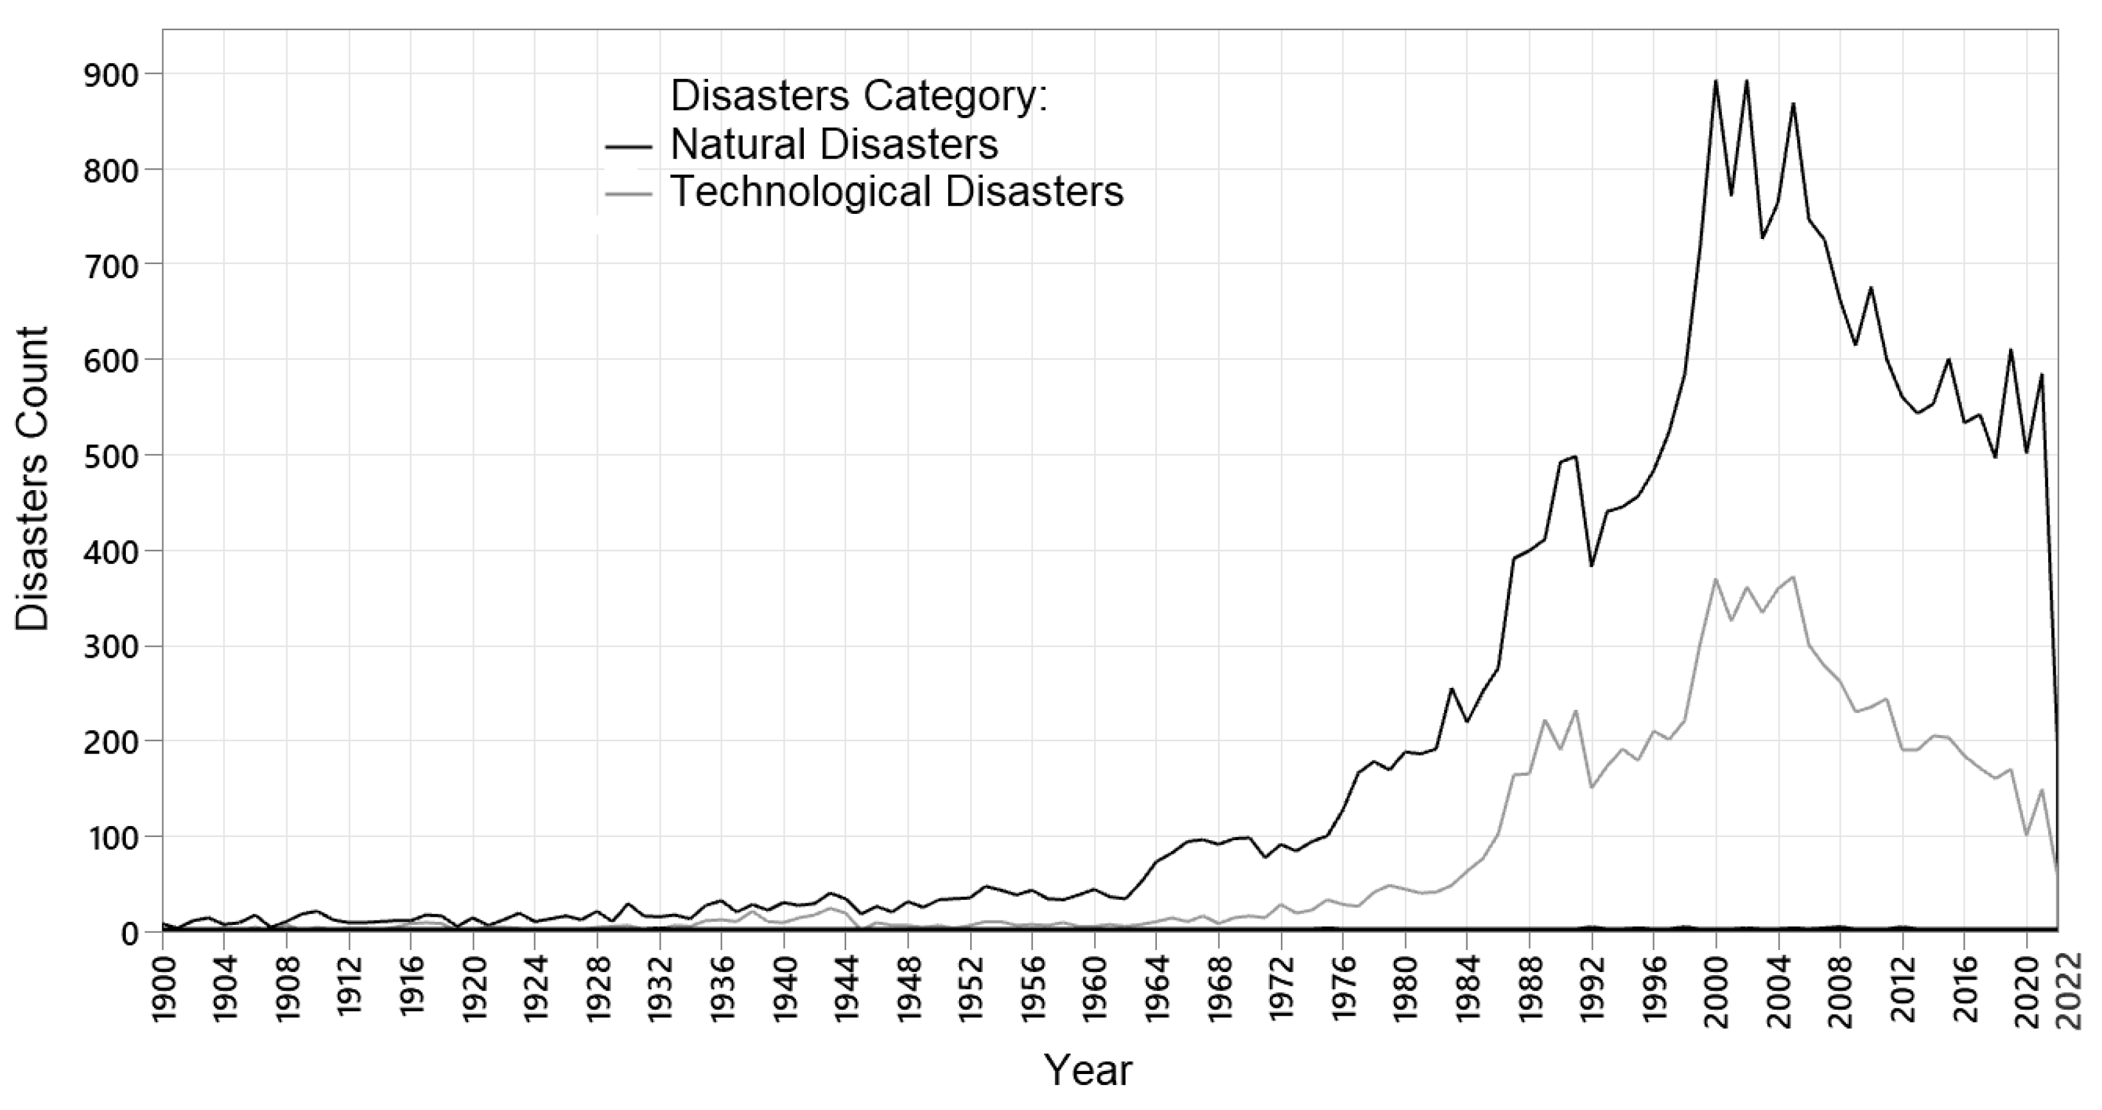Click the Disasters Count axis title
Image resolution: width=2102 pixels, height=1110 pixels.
coord(33,479)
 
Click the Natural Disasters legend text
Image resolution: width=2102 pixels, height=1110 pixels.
coord(834,145)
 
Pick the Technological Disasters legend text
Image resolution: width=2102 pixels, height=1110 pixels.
coord(897,193)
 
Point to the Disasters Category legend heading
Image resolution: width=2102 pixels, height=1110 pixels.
coord(858,96)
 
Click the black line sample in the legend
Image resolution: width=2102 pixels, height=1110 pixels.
coord(629,147)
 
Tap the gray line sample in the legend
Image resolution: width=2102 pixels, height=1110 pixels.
coord(629,194)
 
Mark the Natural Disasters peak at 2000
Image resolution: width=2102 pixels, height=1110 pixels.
coord(1716,81)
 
